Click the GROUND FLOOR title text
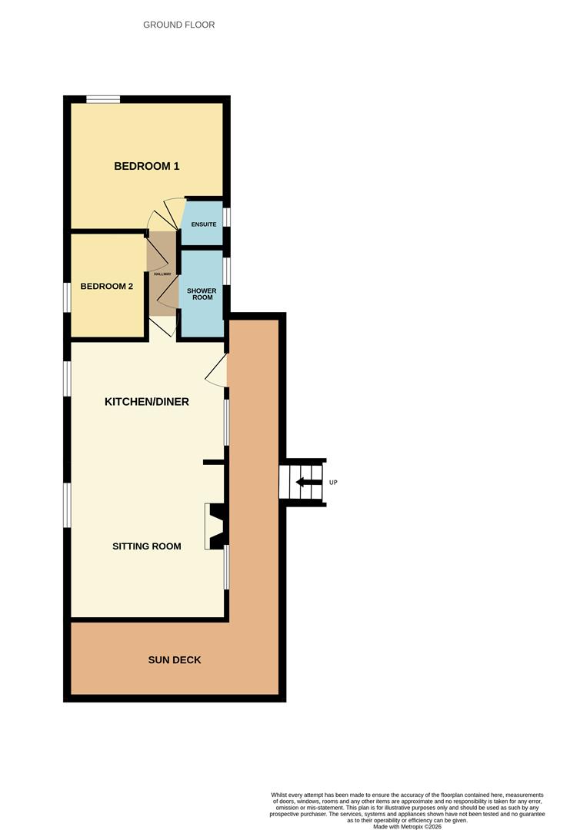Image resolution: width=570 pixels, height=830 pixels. (179, 25)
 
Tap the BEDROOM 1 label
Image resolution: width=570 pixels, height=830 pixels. (147, 166)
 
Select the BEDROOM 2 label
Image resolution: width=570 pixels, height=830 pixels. (106, 287)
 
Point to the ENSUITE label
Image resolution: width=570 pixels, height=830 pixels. (204, 224)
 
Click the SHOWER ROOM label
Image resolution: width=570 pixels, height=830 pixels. (202, 294)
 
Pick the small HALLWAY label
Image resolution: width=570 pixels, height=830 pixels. (162, 274)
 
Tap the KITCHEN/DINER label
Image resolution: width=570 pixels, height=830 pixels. (147, 402)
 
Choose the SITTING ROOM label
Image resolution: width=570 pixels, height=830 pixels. (147, 546)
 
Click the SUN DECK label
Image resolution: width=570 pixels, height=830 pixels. (175, 660)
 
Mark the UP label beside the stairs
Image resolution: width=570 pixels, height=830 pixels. (333, 482)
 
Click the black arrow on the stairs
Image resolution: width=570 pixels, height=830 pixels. (308, 482)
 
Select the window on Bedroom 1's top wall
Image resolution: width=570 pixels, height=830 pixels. (103, 99)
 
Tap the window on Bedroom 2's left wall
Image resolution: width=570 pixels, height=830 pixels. (67, 297)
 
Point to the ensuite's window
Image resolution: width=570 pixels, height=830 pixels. (227, 217)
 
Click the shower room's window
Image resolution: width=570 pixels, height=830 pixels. (227, 271)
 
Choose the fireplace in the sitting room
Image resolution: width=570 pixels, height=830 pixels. (217, 526)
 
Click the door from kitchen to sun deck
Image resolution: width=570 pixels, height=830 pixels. (217, 370)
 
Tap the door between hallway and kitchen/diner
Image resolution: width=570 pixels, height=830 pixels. (162, 327)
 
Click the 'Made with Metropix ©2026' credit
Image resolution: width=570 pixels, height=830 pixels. (408, 826)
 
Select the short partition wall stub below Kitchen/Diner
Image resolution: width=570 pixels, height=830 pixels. (215, 463)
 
